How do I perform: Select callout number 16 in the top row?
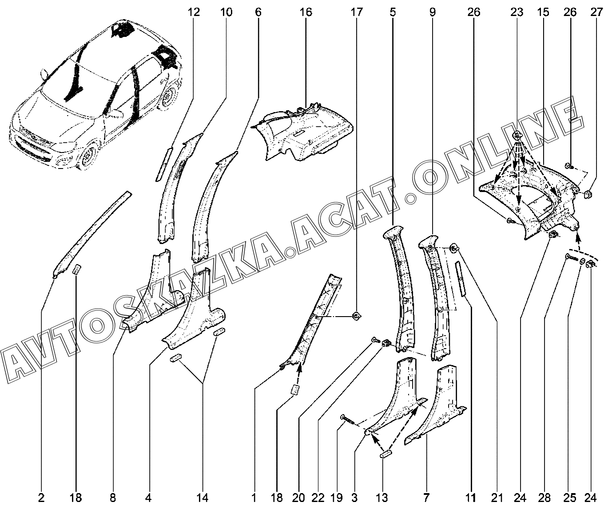(x=306, y=12)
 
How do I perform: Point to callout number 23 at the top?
(x=517, y=12)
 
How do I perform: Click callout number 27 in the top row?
(x=596, y=12)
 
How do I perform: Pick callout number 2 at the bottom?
(x=41, y=498)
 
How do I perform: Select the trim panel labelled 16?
(x=303, y=133)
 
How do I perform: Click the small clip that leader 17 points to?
(x=356, y=316)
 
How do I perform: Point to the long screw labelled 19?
(x=349, y=418)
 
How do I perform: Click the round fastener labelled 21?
(x=454, y=248)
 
